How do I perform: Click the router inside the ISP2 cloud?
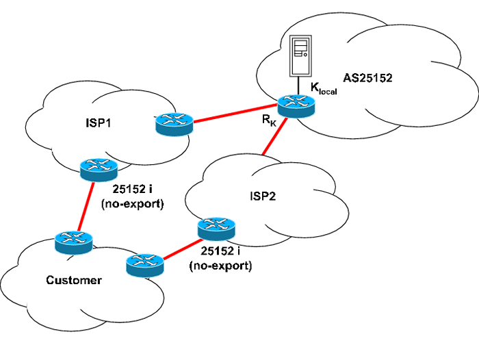click(x=216, y=227)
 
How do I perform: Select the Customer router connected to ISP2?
click(x=145, y=263)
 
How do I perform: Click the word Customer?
click(x=74, y=280)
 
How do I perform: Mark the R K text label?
click(x=269, y=122)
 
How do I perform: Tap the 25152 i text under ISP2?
click(x=220, y=253)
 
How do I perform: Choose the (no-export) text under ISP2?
click(x=220, y=266)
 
